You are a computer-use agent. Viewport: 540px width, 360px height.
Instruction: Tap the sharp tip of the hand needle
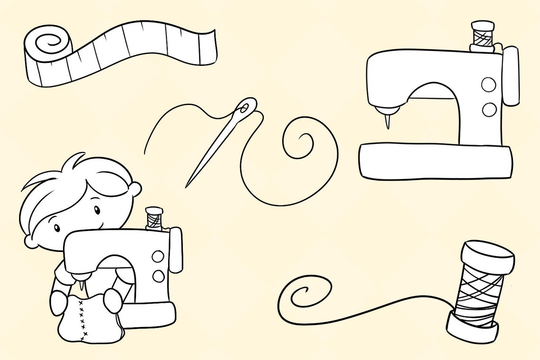[187, 186]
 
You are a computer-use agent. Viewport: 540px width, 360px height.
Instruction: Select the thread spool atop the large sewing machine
[482, 35]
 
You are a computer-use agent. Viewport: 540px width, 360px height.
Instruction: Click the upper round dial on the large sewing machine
[488, 85]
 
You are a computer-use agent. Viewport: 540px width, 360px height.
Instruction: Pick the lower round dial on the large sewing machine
[489, 110]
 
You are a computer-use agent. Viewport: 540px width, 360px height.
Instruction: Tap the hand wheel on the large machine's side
[511, 76]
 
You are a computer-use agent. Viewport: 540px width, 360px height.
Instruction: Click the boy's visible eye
[97, 209]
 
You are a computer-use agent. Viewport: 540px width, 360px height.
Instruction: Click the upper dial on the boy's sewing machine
[158, 256]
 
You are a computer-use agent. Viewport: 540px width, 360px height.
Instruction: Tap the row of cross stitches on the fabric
[83, 320]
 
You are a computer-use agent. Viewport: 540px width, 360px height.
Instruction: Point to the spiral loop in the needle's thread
[300, 142]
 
